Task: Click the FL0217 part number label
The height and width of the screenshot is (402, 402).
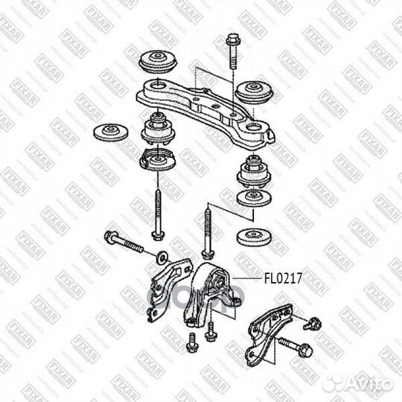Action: pos(284,280)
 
